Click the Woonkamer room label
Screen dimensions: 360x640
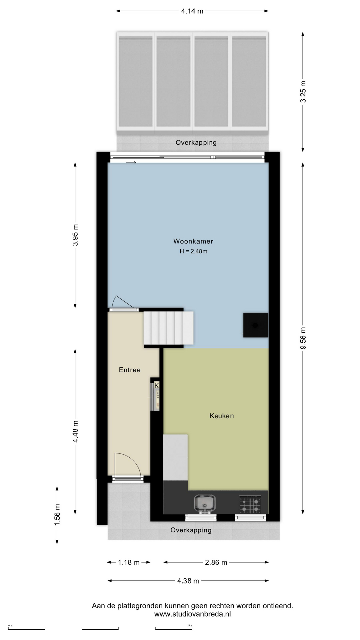click(193, 241)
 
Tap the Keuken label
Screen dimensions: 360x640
click(222, 416)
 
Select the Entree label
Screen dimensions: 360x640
click(130, 370)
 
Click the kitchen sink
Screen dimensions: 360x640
click(205, 503)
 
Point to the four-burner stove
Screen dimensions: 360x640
click(250, 504)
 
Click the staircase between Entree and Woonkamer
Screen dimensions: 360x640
click(169, 328)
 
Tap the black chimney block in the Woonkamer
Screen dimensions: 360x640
click(256, 325)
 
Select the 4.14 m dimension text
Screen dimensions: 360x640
click(192, 11)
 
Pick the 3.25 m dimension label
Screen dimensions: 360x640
click(303, 92)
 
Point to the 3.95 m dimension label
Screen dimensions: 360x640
click(75, 235)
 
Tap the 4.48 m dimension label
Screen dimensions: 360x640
click(75, 431)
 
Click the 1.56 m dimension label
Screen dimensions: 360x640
click(57, 515)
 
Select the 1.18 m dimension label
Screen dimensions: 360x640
click(129, 562)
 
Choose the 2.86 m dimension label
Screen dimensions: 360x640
click(216, 562)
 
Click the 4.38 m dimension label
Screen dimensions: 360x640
click(188, 581)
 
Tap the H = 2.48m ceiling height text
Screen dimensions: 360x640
click(193, 251)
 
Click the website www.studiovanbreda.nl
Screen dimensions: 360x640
click(192, 614)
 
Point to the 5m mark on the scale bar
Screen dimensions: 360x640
click(190, 625)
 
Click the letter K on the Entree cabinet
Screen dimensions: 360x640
click(157, 385)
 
